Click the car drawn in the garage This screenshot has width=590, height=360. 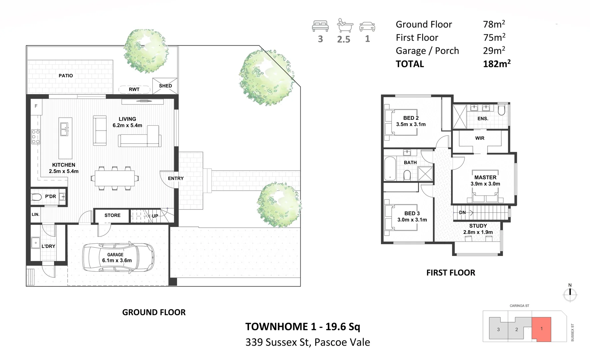tap(118, 257)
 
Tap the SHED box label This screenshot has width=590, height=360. tap(165, 86)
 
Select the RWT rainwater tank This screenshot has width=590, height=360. tap(134, 89)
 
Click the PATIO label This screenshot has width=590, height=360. tap(66, 76)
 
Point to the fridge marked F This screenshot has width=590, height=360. tap(36, 106)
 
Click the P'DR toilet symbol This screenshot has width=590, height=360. tap(37, 197)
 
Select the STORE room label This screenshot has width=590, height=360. tap(112, 215)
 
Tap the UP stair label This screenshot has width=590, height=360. tap(155, 216)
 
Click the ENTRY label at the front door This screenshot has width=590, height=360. tap(176, 178)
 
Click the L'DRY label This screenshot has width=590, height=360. tap(48, 246)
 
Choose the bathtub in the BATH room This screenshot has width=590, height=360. tap(390, 169)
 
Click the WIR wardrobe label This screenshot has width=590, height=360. tap(480, 138)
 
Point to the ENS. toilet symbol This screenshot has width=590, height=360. tap(502, 110)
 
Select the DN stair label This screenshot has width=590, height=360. tap(462, 213)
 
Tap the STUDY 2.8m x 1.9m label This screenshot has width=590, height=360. tap(478, 229)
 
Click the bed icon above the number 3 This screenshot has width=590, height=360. tap(320, 26)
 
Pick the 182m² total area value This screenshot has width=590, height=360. tap(497, 64)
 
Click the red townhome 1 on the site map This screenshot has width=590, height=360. tap(541, 329)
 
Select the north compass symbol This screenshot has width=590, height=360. tap(570, 293)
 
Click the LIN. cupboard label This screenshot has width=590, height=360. tap(35, 215)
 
